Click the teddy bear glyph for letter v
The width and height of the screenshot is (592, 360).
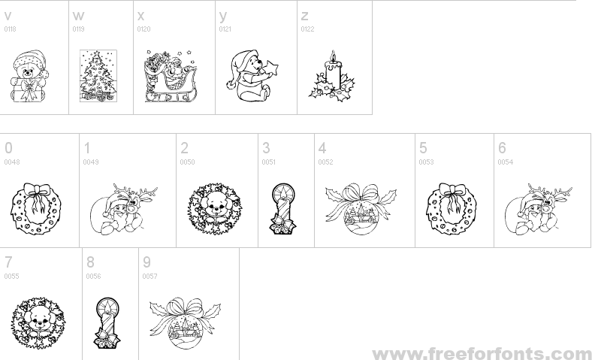pyautogui.click(x=29, y=77)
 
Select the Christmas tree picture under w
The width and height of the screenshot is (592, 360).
pyautogui.click(x=98, y=76)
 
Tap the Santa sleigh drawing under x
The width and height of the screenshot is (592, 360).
pyautogui.click(x=171, y=76)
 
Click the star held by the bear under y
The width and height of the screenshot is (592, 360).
pyautogui.click(x=271, y=68)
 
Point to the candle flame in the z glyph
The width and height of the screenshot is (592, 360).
pyautogui.click(x=333, y=56)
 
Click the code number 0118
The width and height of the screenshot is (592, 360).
pyautogui.click(x=11, y=29)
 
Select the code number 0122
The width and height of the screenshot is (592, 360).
pyautogui.click(x=307, y=29)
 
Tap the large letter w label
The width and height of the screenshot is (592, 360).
pyautogui.click(x=78, y=16)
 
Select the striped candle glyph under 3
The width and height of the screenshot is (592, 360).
pyautogui.click(x=282, y=208)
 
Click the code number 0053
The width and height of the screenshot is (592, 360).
pyautogui.click(x=426, y=162)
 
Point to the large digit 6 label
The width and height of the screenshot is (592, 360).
pyautogui.click(x=502, y=148)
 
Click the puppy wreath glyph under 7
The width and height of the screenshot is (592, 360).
pyautogui.click(x=38, y=323)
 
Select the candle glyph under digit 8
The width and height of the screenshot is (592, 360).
pyautogui.click(x=107, y=322)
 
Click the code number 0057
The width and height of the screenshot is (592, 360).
pyautogui.click(x=150, y=276)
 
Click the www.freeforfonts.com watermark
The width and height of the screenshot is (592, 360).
pyautogui.click(x=482, y=354)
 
